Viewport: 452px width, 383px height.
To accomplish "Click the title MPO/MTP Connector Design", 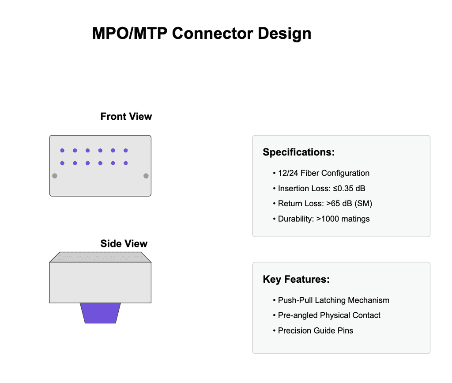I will click(x=202, y=34).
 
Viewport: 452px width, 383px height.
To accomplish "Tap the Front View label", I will click(x=126, y=117).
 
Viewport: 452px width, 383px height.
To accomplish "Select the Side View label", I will click(x=124, y=243).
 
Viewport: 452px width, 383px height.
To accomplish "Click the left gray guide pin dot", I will click(x=55, y=176).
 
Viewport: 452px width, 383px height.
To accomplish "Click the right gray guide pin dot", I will click(x=146, y=176).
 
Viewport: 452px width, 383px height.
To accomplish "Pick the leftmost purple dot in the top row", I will click(x=62, y=151).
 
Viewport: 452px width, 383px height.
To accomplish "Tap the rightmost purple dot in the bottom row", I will click(x=126, y=163).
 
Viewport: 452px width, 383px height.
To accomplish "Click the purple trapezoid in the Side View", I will click(x=100, y=313).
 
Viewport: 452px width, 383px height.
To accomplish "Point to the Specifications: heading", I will click(x=298, y=152).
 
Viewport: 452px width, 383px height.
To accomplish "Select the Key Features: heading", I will click(x=296, y=280).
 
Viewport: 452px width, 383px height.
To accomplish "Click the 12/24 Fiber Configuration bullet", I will click(x=324, y=173).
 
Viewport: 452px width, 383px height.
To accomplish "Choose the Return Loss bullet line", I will click(x=325, y=204).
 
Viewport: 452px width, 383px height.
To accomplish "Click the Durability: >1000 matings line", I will click(x=324, y=219).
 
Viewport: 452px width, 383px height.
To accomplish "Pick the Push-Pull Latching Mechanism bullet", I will click(x=333, y=300).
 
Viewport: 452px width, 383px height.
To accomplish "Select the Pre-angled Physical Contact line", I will click(x=329, y=315).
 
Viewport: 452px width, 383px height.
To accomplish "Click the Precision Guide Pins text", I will click(x=315, y=330).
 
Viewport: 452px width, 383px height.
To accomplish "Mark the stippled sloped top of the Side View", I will click(x=100, y=257).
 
